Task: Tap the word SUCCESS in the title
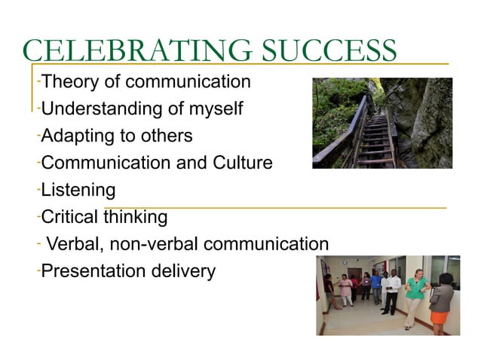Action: [329, 51]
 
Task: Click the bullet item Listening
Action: [78, 190]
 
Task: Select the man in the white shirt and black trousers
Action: [391, 290]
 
